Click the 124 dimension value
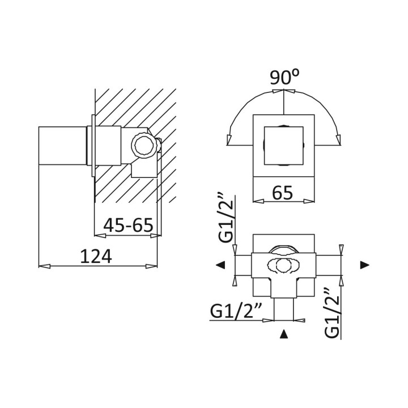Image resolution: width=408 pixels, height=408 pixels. click(x=96, y=256)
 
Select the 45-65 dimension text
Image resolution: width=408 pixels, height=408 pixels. click(x=128, y=225)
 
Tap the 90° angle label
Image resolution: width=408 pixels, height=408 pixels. click(x=284, y=77)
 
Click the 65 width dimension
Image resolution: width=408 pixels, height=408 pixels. click(x=283, y=193)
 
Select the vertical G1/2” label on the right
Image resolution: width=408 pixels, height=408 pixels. click(x=332, y=312)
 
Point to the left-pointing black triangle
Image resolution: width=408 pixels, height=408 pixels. click(x=220, y=265)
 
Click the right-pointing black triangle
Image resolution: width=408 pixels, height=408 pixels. click(x=365, y=265)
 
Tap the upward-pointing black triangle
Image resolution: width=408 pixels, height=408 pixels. click(x=284, y=334)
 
